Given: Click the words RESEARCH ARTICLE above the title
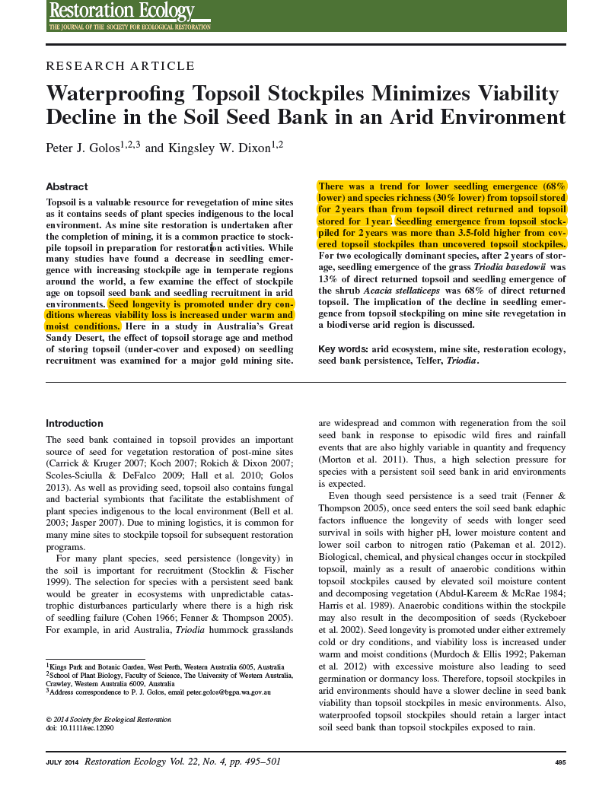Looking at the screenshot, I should coord(120,66).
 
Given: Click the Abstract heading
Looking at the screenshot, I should coord(67,187).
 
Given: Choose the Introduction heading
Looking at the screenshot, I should coord(75,424).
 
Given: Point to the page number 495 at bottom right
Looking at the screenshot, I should coord(560,762).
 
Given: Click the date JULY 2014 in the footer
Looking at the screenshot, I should coord(62,762).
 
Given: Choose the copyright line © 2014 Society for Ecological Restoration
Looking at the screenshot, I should coord(109,720).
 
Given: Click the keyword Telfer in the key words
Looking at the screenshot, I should coord(430,361).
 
